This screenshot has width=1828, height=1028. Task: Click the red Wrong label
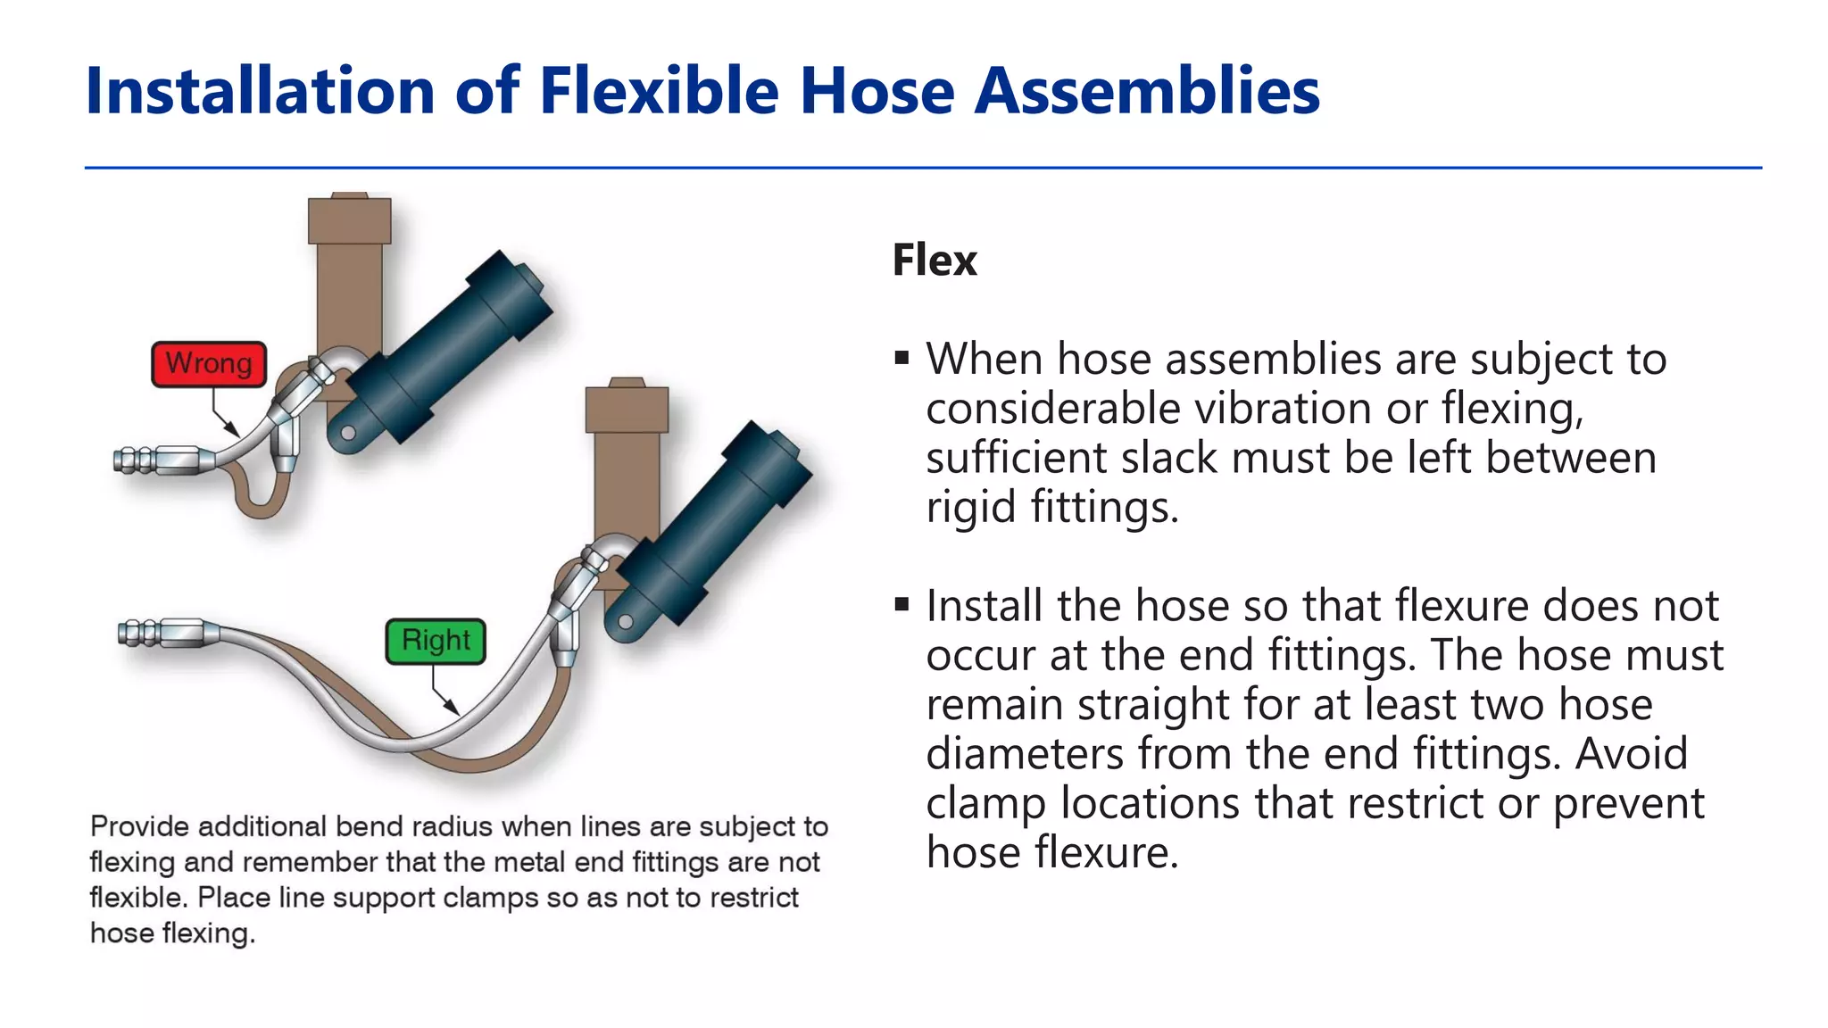click(x=209, y=364)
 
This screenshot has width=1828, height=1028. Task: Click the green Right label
click(x=436, y=641)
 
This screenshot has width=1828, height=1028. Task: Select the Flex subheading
click(x=935, y=261)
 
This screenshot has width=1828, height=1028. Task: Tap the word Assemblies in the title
click(x=1147, y=91)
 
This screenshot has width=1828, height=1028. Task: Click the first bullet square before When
click(x=902, y=359)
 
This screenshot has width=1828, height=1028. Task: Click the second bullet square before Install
click(x=902, y=605)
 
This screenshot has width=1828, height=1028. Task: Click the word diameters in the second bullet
click(x=1025, y=753)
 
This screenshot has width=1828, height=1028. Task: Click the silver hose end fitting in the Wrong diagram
click(x=165, y=461)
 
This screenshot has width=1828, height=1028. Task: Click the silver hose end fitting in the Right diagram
click(x=170, y=634)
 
